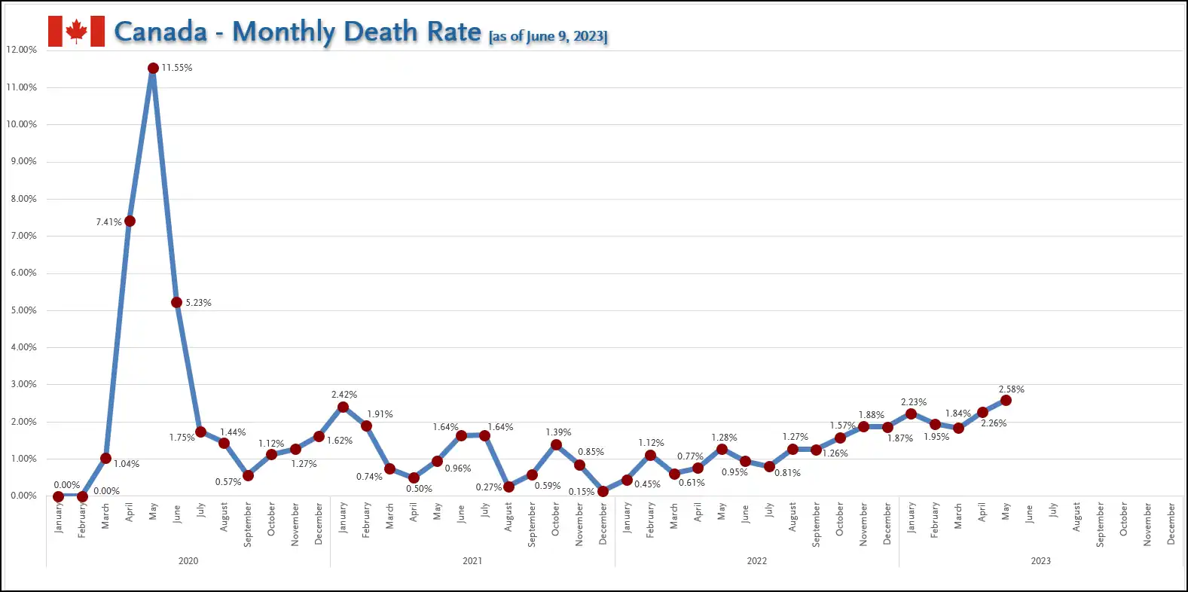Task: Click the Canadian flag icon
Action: point(76,32)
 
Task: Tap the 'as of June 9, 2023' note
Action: point(548,36)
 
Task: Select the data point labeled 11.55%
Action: point(153,69)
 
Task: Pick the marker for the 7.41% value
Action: point(130,221)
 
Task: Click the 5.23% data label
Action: point(198,303)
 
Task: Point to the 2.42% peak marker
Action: point(343,407)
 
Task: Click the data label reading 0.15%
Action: point(581,492)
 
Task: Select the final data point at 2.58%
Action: point(1006,401)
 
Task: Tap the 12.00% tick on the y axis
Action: point(21,50)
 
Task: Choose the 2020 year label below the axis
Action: point(188,561)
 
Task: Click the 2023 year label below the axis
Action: point(1040,561)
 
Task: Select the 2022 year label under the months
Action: point(756,561)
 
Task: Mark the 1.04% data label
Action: point(127,464)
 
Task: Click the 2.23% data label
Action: point(913,402)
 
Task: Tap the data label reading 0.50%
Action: point(419,489)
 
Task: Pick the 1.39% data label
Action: point(558,432)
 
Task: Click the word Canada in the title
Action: point(160,32)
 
